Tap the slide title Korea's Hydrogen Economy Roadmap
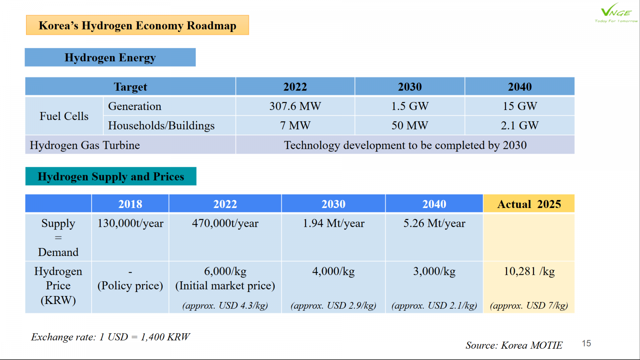[137, 25]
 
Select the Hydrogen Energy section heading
[110, 58]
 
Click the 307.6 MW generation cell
[295, 106]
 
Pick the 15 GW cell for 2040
[520, 106]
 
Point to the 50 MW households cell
[410, 126]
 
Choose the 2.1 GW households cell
[520, 126]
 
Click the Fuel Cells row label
[64, 116]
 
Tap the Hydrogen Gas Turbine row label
[85, 145]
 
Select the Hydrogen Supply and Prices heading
[111, 176]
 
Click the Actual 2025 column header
[529, 204]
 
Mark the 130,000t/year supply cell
[130, 223]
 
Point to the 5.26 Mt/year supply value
[434, 223]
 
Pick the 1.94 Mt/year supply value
[333, 223]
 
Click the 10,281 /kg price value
[529, 271]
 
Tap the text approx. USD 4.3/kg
[225, 306]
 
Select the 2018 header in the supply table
[130, 204]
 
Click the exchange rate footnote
[110, 337]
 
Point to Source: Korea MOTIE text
[514, 345]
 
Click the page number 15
[586, 344]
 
